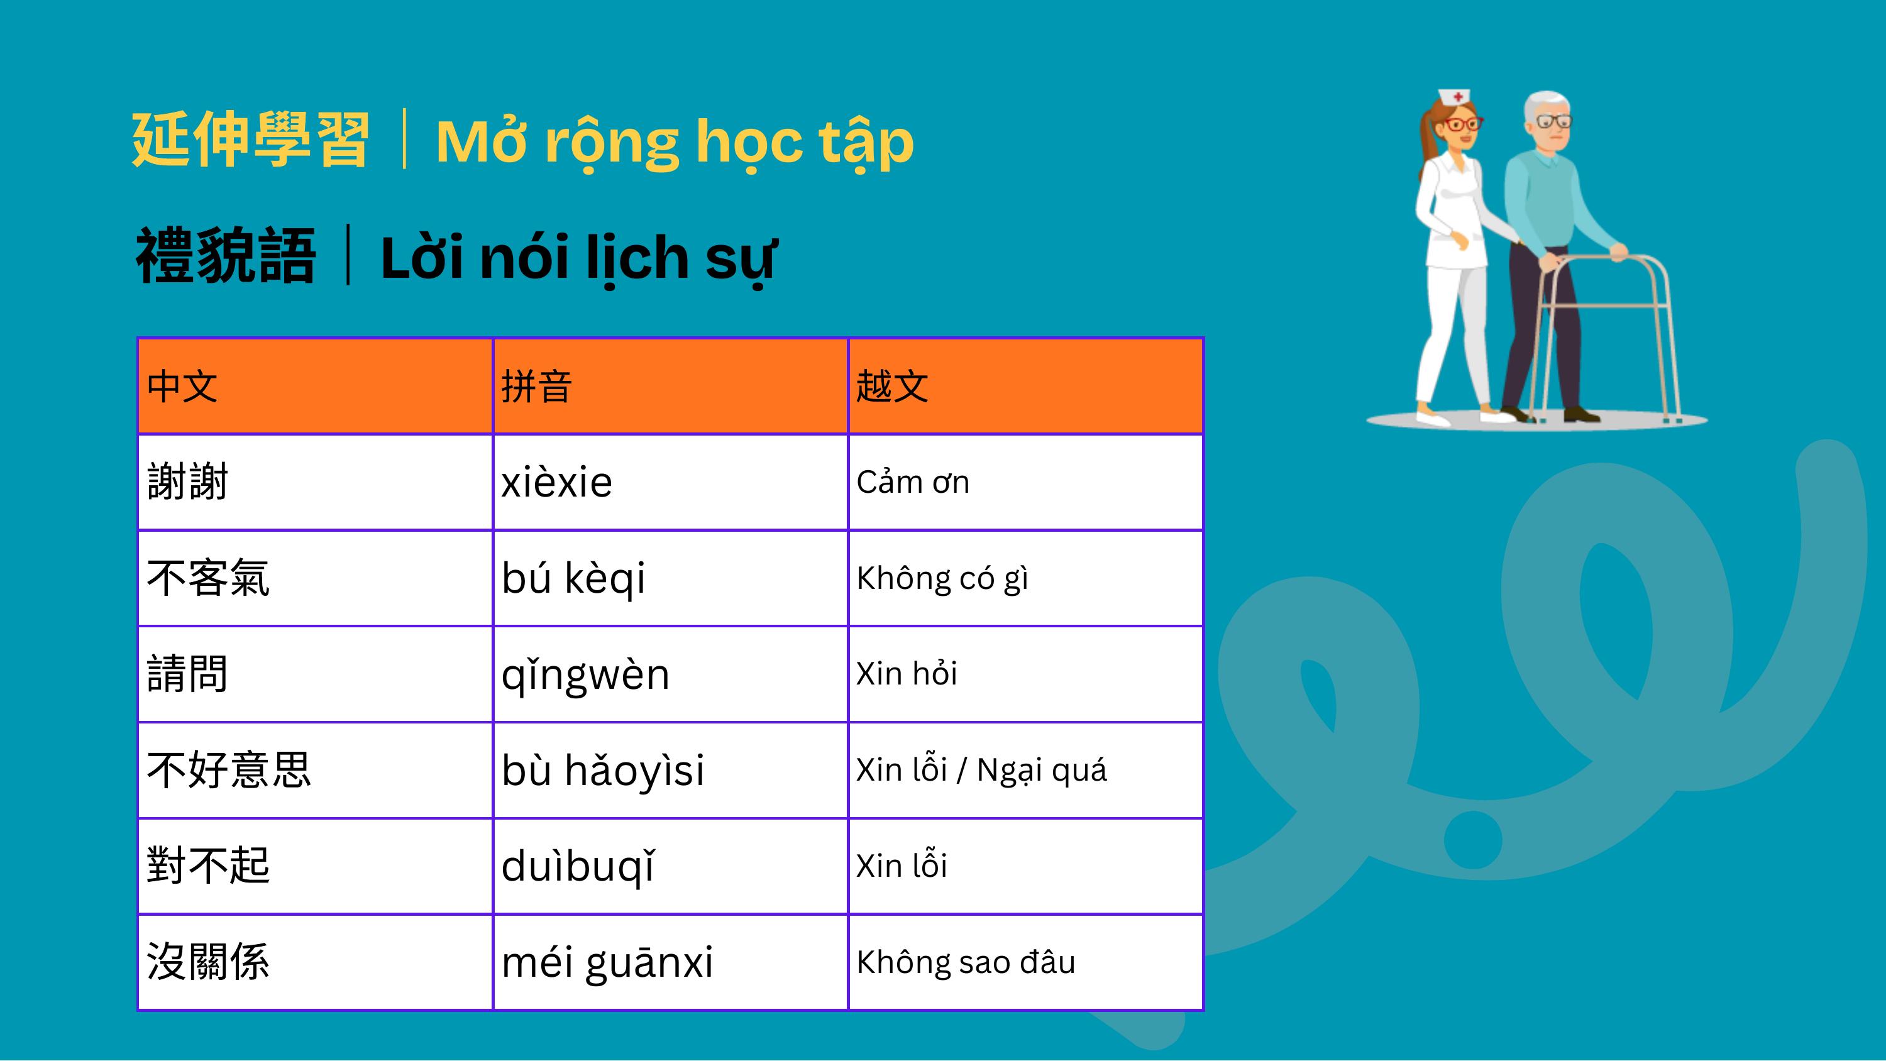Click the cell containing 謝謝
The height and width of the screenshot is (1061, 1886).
pyautogui.click(x=315, y=482)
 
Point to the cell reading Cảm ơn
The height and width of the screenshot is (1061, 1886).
pyautogui.click(x=1025, y=482)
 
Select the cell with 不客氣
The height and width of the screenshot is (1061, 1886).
pyautogui.click(x=315, y=578)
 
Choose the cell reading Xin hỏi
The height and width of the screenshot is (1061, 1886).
pyautogui.click(x=1025, y=674)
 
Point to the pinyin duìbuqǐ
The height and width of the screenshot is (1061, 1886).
pyautogui.click(x=578, y=867)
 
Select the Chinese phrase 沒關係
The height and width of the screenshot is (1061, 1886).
pyautogui.click(x=208, y=962)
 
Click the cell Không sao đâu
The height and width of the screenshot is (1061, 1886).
pyautogui.click(x=1025, y=962)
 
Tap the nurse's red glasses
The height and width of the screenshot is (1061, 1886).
pyautogui.click(x=1464, y=124)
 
